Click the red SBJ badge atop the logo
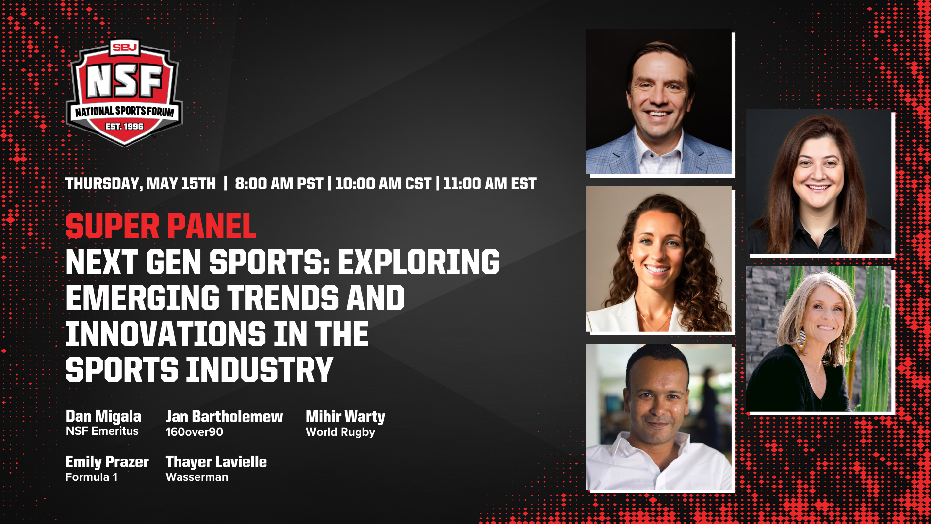(125, 47)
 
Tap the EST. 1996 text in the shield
(125, 127)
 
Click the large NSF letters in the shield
(125, 82)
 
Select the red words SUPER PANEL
(161, 227)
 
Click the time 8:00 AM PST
(279, 184)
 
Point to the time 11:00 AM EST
(490, 184)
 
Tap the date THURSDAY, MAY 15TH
(141, 184)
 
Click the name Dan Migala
(103, 416)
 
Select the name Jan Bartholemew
(224, 417)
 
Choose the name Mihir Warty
(345, 417)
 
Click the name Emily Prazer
(107, 462)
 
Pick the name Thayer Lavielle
(216, 462)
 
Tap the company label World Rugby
(340, 432)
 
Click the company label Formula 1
(91, 477)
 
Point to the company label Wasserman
(196, 477)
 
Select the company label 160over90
(194, 432)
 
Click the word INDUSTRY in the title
(260, 370)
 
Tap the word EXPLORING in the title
(418, 262)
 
